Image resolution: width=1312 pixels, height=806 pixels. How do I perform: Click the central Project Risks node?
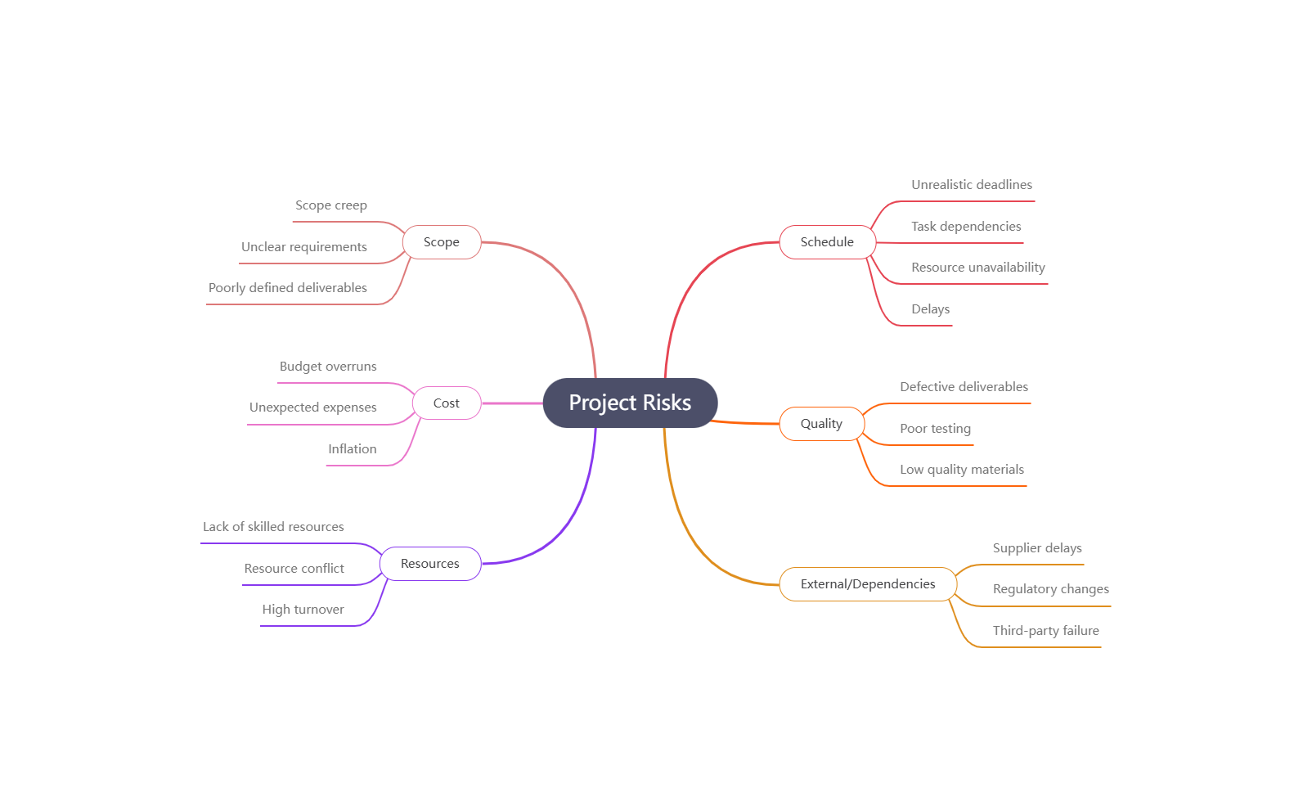[630, 403]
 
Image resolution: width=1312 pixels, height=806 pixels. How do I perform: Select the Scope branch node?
[442, 242]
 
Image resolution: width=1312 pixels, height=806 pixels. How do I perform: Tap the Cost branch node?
[447, 403]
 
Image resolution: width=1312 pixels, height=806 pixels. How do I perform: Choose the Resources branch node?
[430, 564]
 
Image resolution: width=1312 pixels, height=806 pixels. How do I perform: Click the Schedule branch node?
[827, 242]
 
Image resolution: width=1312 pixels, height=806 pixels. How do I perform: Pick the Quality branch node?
[821, 424]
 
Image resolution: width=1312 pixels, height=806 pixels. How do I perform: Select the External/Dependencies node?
[868, 584]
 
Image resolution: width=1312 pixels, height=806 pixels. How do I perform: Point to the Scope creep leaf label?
[331, 205]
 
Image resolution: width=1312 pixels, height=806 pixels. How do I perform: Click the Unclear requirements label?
[304, 247]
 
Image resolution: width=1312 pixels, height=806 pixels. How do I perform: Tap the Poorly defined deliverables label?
[288, 288]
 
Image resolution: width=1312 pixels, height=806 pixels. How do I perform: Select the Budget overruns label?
[328, 367]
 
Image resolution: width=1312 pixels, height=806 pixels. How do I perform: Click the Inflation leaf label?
[353, 449]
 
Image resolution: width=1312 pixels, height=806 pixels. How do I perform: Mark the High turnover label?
[303, 610]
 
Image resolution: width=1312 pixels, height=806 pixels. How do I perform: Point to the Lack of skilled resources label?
[273, 527]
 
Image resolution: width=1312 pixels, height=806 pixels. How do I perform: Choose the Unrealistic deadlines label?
[972, 185]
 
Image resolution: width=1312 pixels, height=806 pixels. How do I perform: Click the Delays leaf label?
[931, 309]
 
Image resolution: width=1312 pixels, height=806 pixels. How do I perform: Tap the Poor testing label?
[936, 429]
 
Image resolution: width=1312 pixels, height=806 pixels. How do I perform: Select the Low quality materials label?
[962, 470]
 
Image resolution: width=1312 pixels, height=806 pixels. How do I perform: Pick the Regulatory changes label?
[1051, 589]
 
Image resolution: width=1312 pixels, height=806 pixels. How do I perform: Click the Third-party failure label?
[1046, 631]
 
